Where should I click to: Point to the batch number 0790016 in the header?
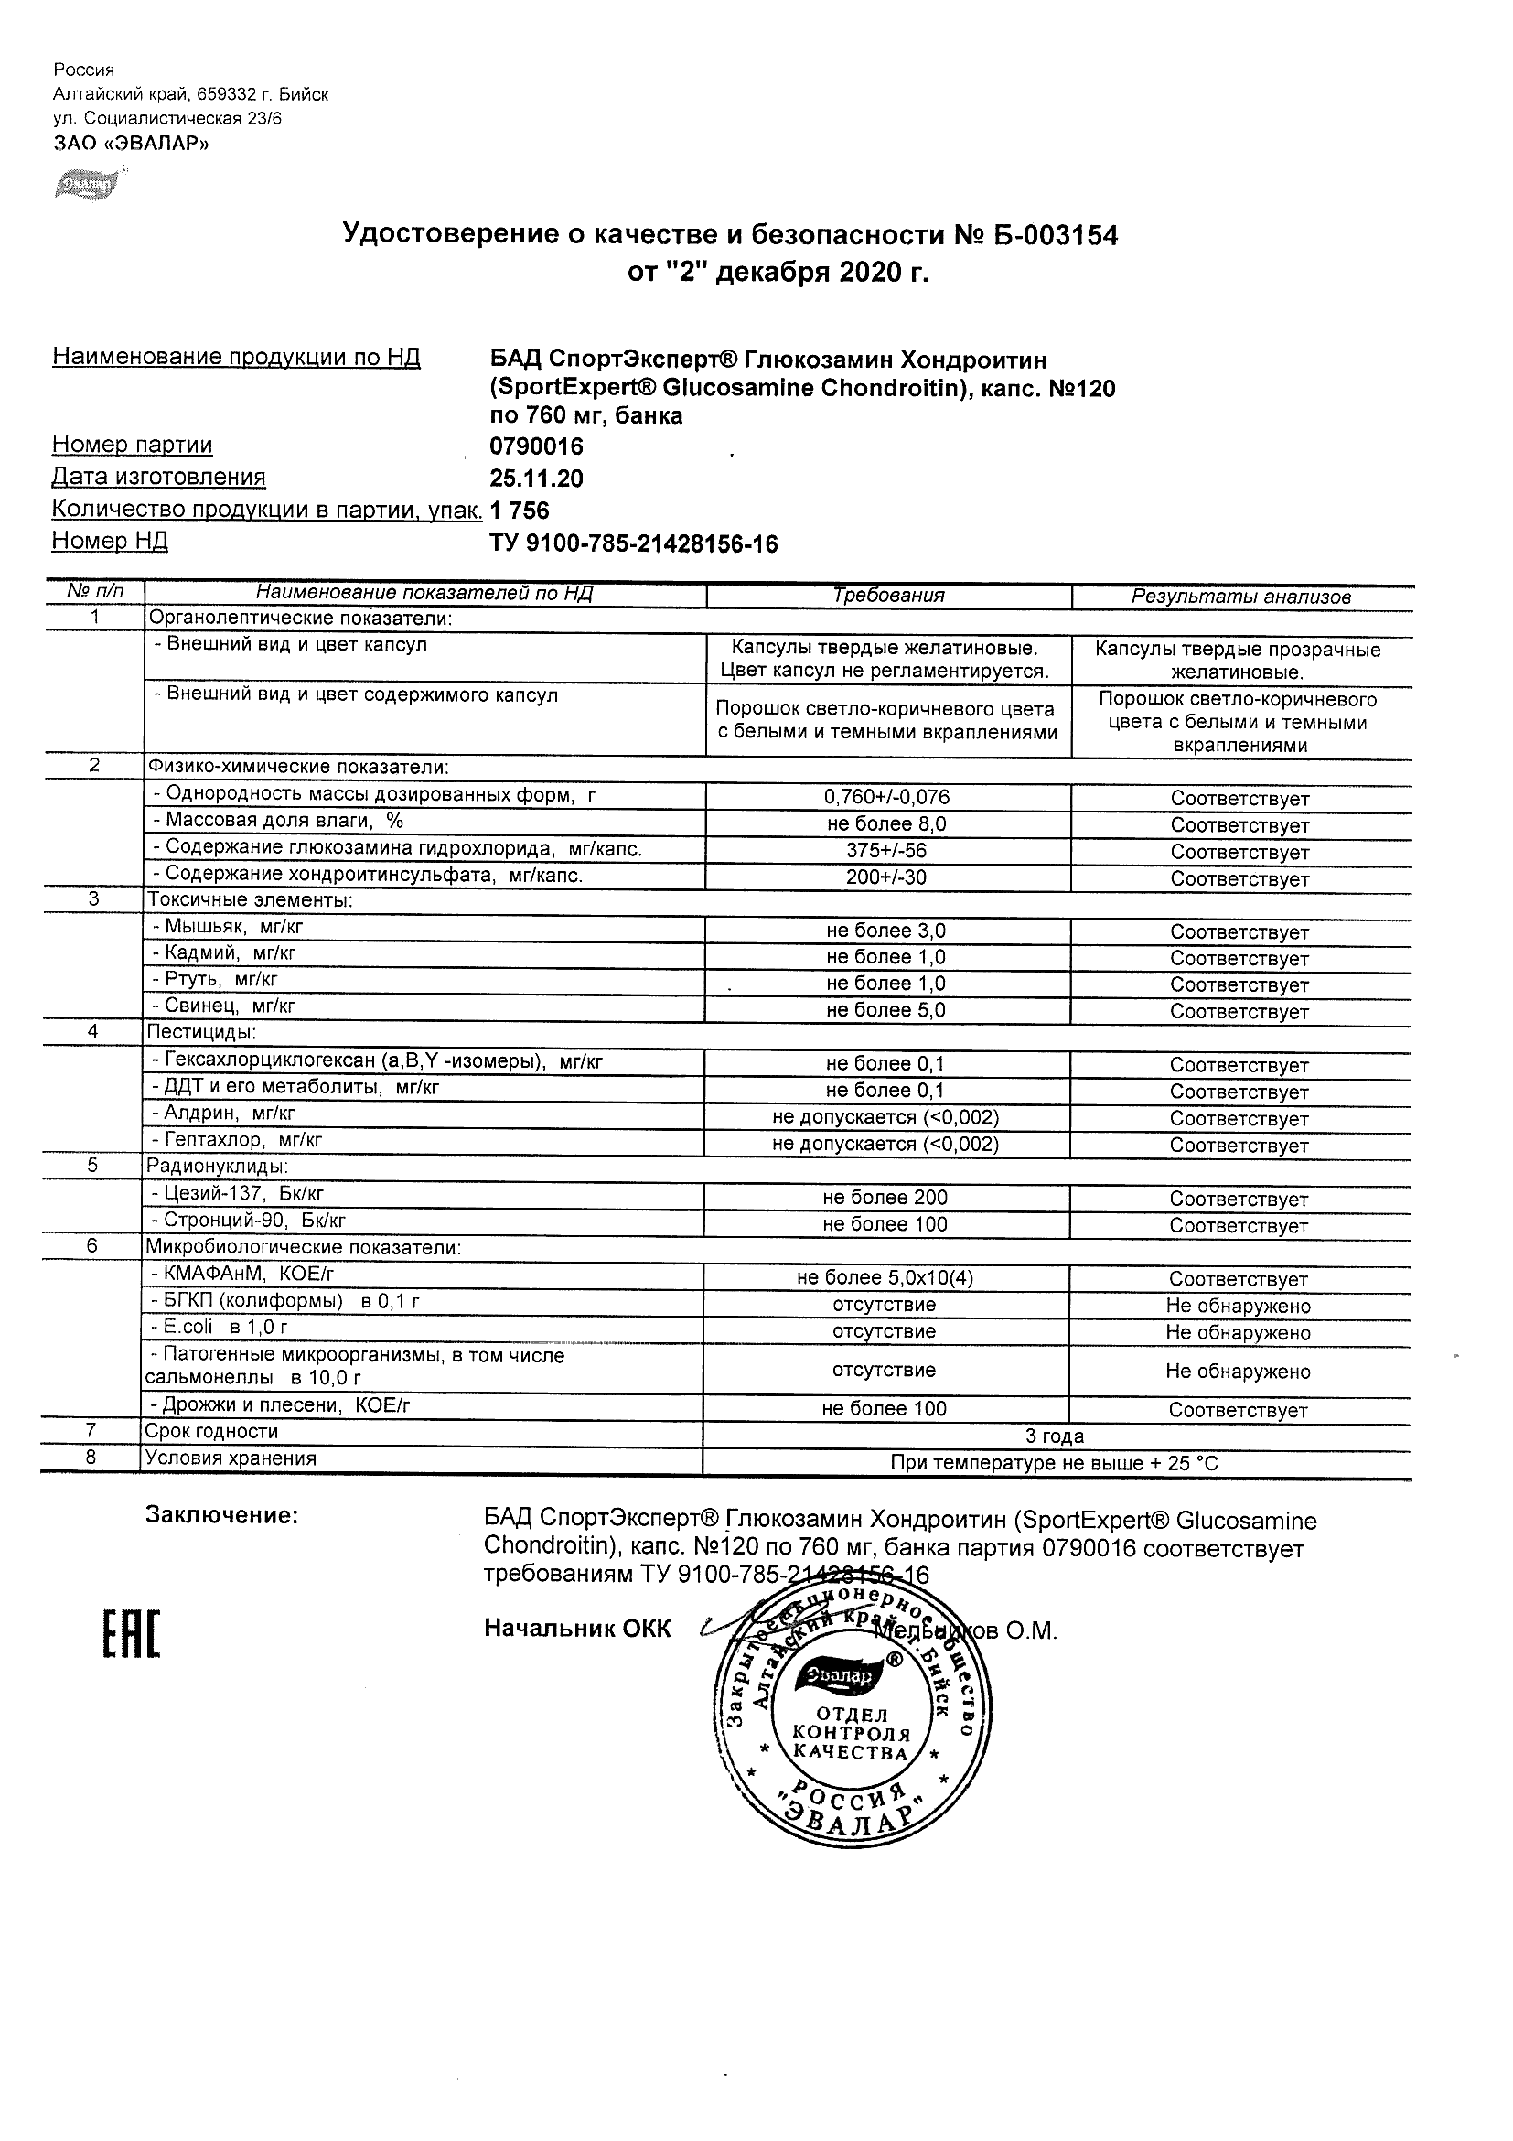(x=536, y=446)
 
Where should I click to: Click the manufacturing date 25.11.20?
(x=536, y=479)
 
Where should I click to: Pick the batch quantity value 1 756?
(x=520, y=511)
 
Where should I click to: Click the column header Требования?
(x=887, y=596)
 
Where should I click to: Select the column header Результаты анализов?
(x=1240, y=597)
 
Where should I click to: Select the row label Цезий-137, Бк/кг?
(x=240, y=1194)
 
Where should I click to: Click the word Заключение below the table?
(x=221, y=1516)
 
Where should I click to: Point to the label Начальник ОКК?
(x=577, y=1629)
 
